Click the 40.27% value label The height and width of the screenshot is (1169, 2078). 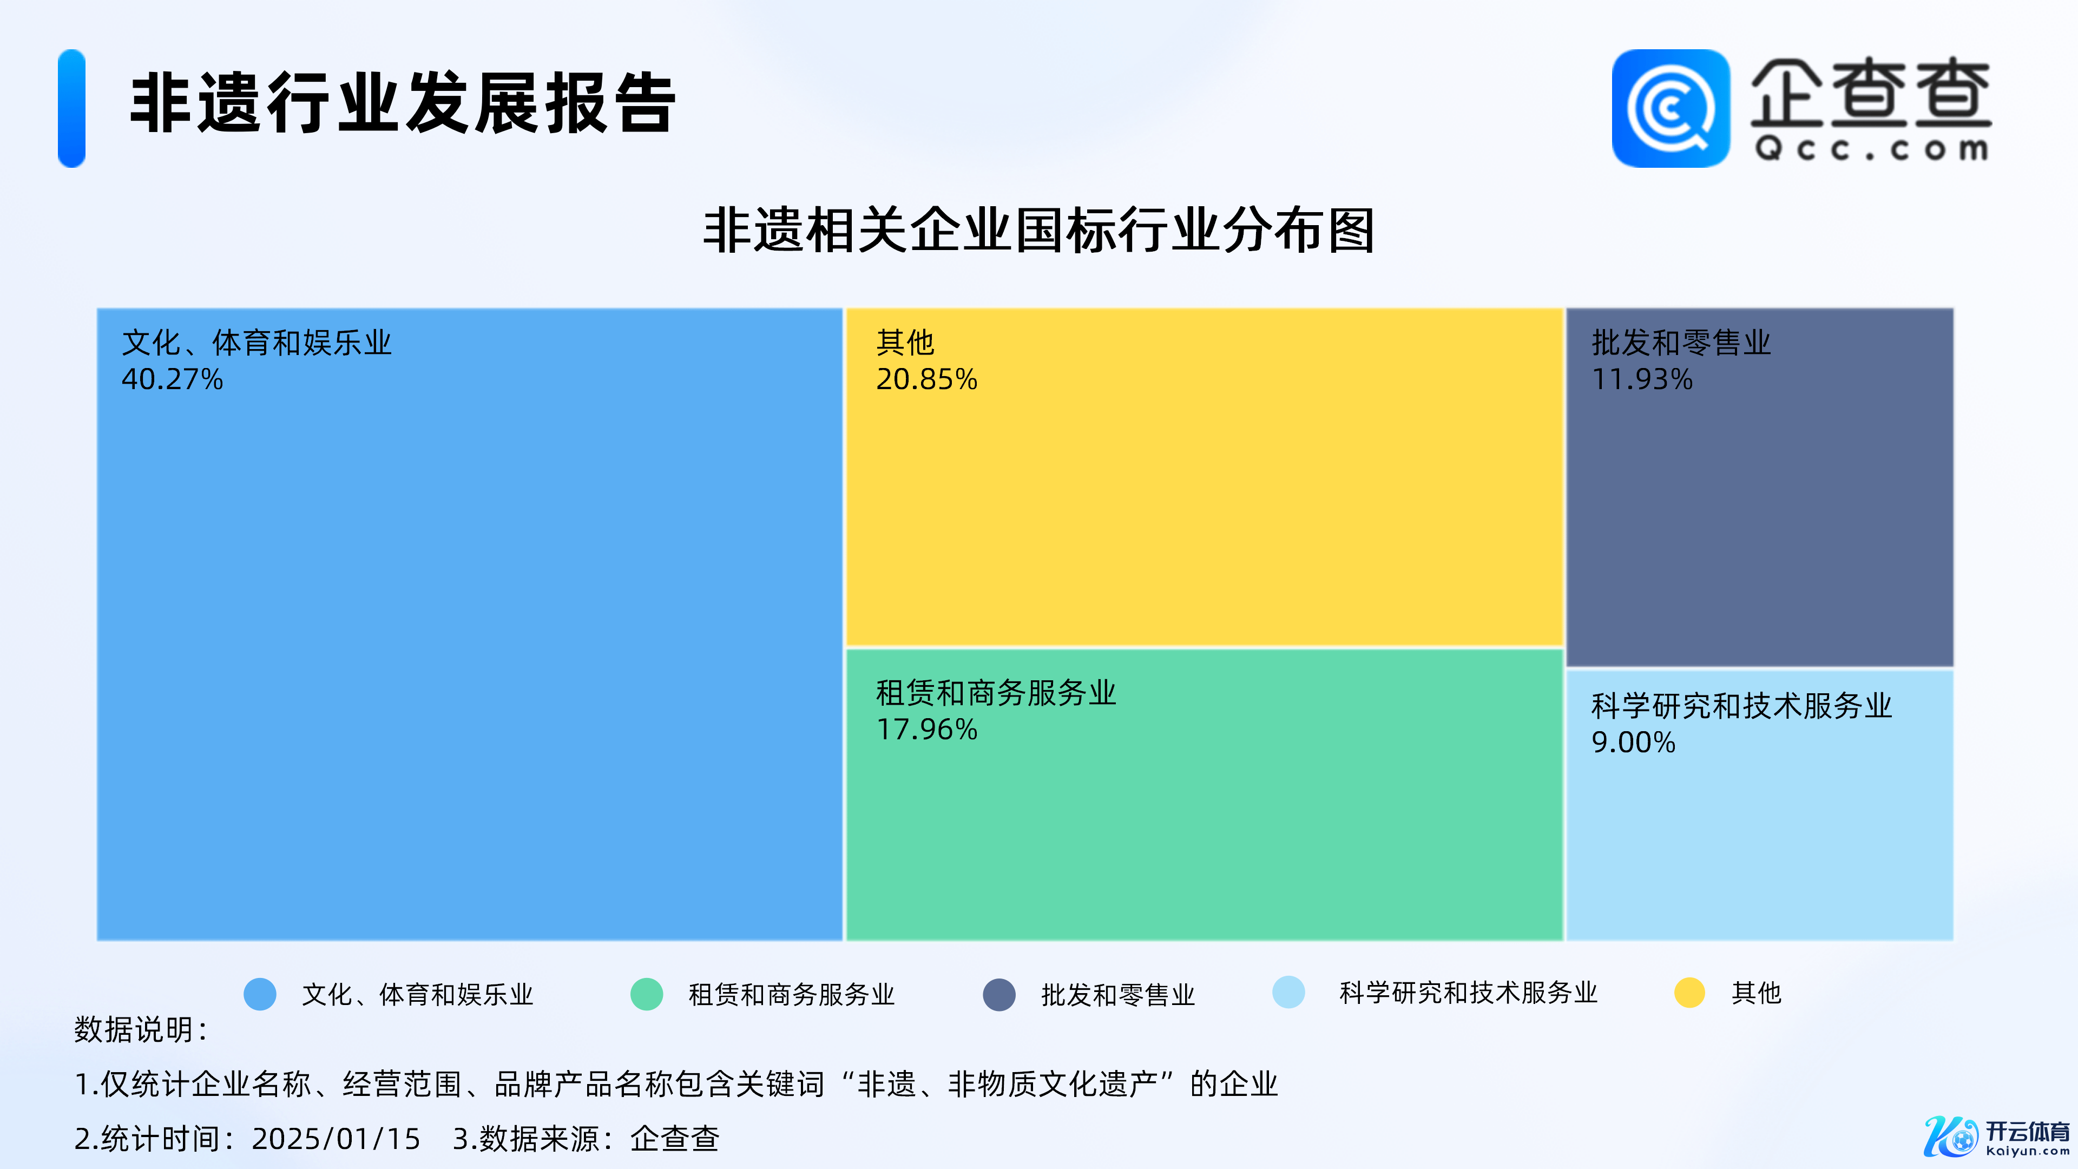[x=172, y=379]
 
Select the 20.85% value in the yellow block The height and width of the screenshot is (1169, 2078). [x=927, y=379]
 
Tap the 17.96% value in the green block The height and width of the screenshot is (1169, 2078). [x=927, y=730]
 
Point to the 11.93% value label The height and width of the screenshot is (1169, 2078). [x=1642, y=379]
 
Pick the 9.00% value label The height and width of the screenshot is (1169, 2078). [x=1634, y=742]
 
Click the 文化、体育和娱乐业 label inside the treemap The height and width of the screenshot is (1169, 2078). [x=257, y=343]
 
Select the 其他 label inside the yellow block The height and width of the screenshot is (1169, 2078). [x=905, y=343]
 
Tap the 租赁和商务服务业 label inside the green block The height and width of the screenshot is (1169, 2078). [x=996, y=693]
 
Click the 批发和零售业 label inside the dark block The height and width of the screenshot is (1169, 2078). [x=1681, y=343]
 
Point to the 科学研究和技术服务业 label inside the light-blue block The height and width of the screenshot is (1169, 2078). [x=1741, y=706]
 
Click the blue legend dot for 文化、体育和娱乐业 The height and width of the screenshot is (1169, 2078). [x=260, y=994]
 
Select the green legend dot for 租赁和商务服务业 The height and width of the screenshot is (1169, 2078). [x=646, y=994]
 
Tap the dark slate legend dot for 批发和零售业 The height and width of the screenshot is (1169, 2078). [x=998, y=994]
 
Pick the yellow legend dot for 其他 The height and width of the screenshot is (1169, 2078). [x=1689, y=993]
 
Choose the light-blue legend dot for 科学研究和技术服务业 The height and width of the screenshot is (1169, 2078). [x=1288, y=993]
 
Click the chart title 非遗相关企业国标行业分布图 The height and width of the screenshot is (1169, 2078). [x=1039, y=231]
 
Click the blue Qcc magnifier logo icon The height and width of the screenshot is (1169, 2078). [x=1671, y=108]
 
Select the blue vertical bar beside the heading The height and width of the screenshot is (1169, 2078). [x=72, y=108]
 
